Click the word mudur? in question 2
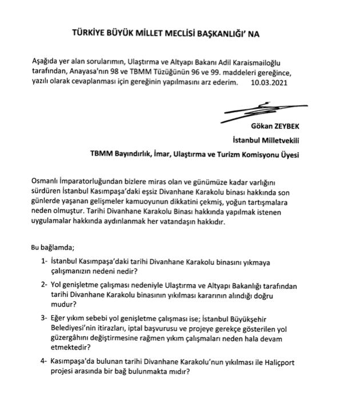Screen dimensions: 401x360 pyautogui.click(x=69, y=306)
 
